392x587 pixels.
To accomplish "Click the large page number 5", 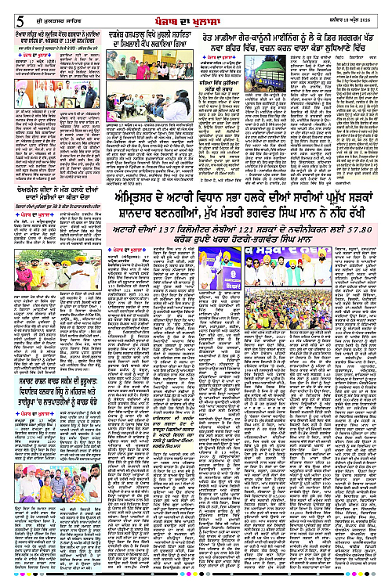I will [9, 8].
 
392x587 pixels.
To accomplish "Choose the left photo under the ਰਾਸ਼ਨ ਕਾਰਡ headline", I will [27, 510].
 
